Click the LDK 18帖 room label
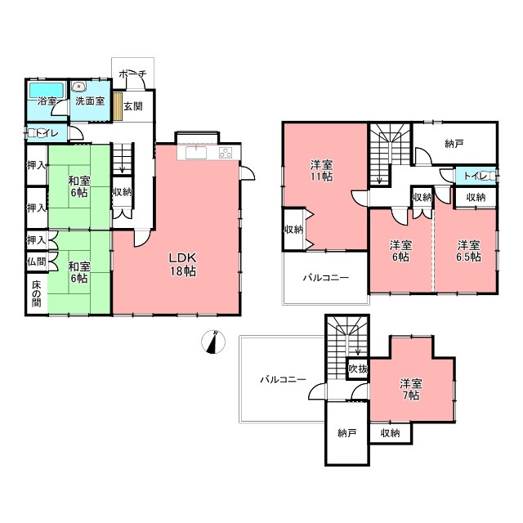click(x=183, y=265)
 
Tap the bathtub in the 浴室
click(x=47, y=90)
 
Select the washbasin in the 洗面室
click(x=79, y=87)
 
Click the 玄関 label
click(x=133, y=106)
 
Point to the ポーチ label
click(x=132, y=74)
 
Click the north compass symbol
click(x=213, y=342)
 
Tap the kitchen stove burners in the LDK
click(x=226, y=153)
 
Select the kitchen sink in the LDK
click(x=196, y=153)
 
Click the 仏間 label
click(x=36, y=261)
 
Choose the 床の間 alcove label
click(x=36, y=294)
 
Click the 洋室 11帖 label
click(x=321, y=171)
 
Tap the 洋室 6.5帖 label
click(x=468, y=251)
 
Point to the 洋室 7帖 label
click(x=411, y=389)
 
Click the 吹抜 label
click(x=358, y=369)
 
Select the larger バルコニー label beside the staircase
click(x=283, y=379)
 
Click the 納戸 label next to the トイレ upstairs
click(x=454, y=144)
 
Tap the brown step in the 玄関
click(x=118, y=106)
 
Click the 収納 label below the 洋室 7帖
click(x=391, y=433)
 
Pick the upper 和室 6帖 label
click(x=79, y=187)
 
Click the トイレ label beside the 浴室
click(x=47, y=133)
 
